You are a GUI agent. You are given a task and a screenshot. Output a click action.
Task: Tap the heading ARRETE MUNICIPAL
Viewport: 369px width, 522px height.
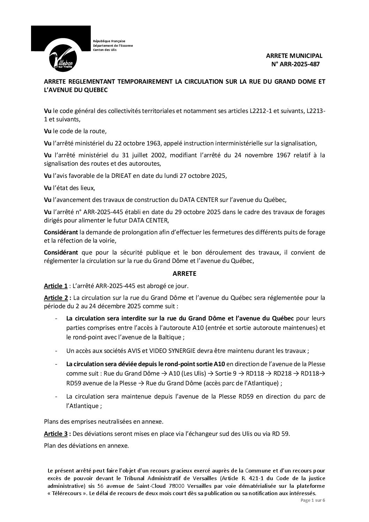click(294, 56)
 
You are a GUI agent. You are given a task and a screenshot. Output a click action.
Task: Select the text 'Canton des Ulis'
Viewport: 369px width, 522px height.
click(105, 50)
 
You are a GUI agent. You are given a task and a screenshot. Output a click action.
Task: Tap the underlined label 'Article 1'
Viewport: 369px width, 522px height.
click(55, 286)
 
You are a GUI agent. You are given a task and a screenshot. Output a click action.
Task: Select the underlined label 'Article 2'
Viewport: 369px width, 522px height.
click(55, 298)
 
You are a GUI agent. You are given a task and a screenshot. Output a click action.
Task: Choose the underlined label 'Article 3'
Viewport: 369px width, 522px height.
click(55, 434)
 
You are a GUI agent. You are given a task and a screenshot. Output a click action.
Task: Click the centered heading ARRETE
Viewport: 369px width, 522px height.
click(184, 274)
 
